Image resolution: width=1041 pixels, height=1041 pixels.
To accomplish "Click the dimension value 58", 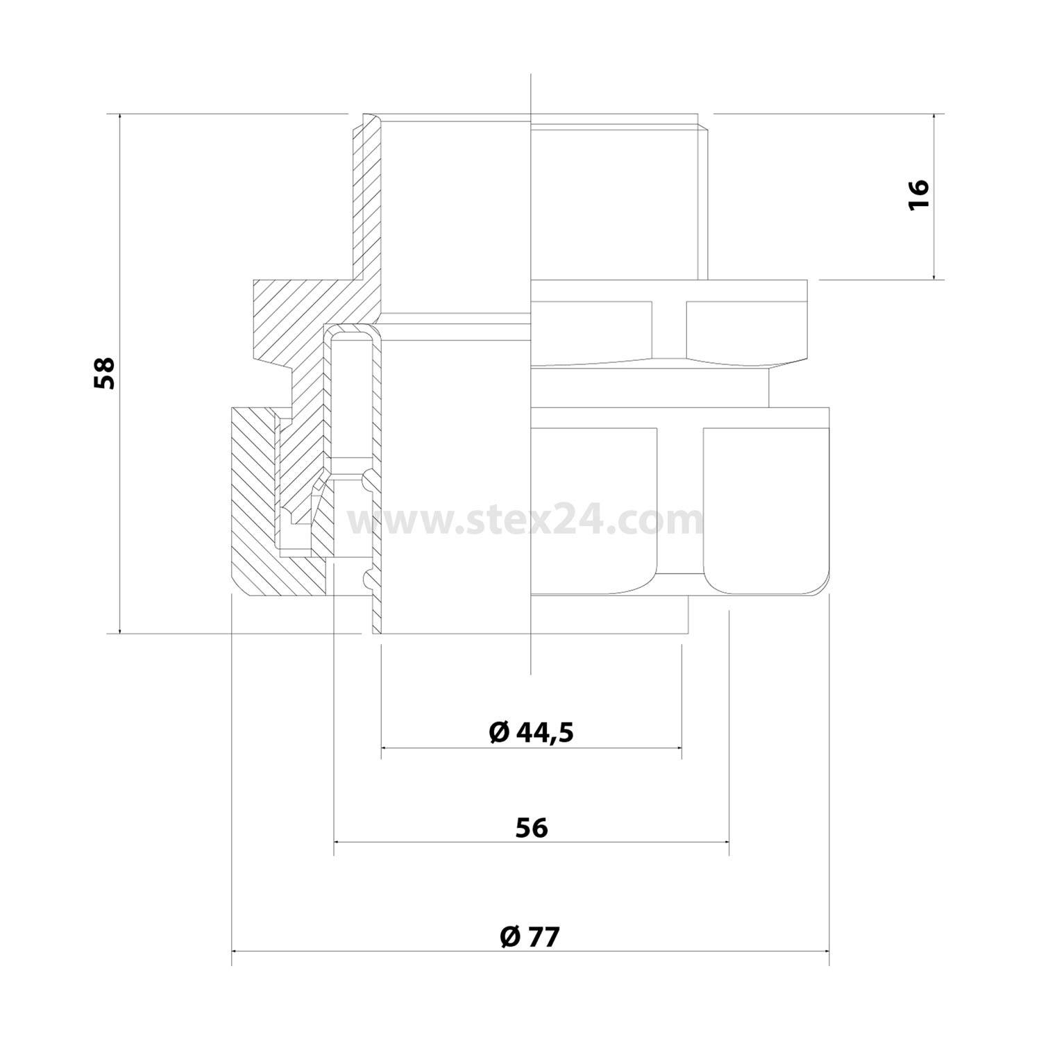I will click(x=105, y=373).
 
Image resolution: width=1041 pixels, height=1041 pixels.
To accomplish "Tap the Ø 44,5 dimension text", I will click(x=532, y=732).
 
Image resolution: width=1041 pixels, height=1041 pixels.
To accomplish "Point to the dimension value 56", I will click(x=532, y=827).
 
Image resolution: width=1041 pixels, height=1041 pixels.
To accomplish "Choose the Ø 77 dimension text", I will click(x=530, y=937).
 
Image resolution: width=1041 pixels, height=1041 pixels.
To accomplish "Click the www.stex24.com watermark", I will click(x=527, y=520).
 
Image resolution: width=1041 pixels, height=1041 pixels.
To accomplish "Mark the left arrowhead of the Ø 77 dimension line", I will click(x=232, y=951).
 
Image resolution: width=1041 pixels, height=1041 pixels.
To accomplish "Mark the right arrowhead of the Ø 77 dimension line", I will click(x=829, y=951).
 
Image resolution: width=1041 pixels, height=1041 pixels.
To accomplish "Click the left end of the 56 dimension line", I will click(x=335, y=841).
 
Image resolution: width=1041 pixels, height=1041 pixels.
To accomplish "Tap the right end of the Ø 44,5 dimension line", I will click(x=681, y=747).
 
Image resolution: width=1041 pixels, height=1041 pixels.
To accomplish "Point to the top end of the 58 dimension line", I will click(x=120, y=114).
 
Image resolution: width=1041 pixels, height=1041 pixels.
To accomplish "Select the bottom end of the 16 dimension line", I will click(x=933, y=278).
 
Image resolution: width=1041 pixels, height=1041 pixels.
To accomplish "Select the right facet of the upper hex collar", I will click(x=746, y=330).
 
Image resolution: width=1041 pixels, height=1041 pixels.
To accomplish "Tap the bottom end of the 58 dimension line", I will click(x=120, y=633).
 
